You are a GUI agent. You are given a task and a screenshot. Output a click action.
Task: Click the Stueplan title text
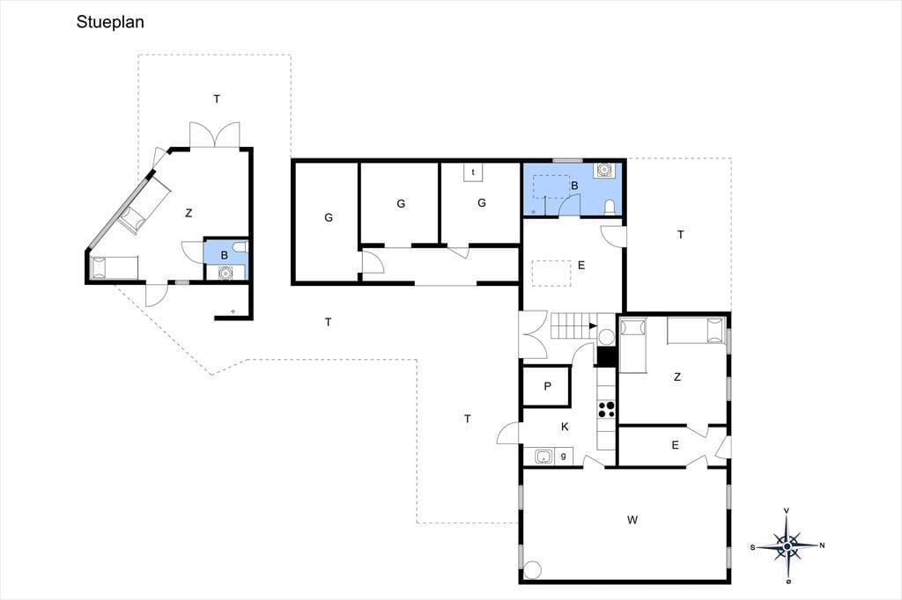pos(110,22)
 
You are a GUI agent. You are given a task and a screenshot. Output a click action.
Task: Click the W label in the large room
pos(632,520)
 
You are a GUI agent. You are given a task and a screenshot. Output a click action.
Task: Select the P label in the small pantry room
pos(547,386)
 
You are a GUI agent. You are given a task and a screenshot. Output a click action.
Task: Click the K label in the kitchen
pos(565,427)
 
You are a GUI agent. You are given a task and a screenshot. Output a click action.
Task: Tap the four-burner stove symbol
pos(606,409)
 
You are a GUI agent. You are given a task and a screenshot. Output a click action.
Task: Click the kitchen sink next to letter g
pos(543,457)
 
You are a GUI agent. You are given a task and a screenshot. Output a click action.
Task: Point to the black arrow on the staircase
pos(593,326)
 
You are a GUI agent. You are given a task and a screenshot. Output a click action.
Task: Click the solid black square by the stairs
pos(607,356)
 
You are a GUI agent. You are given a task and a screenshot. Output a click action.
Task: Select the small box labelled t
pos(473,172)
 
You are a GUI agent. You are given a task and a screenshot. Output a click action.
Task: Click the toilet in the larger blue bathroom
pos(610,207)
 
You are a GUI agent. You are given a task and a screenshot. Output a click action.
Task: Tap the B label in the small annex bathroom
pos(225,255)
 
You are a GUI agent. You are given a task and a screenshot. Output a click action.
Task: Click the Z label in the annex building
pos(189,213)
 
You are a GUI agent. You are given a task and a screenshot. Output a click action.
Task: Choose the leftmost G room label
pos(329,217)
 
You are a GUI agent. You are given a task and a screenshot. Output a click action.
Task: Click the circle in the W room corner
pos(533,569)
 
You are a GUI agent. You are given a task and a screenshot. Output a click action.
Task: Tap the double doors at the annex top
pos(215,135)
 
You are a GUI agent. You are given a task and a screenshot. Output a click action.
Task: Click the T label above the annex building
pos(217,99)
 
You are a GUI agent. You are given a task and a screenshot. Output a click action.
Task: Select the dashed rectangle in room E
pos(551,273)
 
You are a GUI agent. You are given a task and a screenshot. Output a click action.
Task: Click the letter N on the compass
pos(822,545)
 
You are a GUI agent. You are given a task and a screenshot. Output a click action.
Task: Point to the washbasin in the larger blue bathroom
pos(605,170)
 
